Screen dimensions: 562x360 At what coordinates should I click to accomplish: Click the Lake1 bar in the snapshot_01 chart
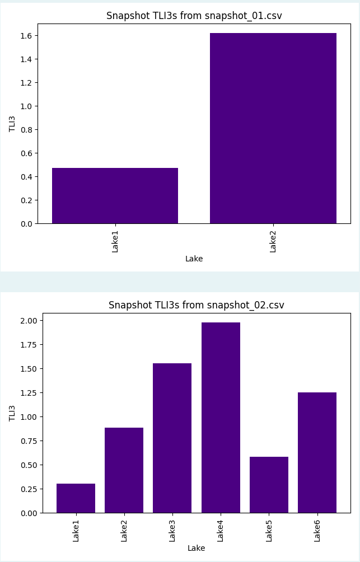115,196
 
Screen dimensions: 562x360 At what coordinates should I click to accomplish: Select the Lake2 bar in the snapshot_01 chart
273,128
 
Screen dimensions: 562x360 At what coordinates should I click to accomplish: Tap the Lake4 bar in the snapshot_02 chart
221,418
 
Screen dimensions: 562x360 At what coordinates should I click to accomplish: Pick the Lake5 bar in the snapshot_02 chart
269,485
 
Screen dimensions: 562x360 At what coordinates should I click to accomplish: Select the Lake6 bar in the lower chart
317,452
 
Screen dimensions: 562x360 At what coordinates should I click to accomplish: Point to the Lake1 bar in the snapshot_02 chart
76,498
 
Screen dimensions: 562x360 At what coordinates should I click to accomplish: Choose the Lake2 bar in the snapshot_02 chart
124,470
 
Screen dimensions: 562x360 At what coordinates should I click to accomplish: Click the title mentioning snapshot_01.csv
194,16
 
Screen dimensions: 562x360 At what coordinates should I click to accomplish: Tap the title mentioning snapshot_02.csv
196,305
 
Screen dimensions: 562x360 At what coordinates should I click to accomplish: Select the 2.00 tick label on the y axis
27,321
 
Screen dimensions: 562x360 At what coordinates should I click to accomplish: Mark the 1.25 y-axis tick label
27,393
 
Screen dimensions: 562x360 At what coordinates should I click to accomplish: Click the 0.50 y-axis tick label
27,465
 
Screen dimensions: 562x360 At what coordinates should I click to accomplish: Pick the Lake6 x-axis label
317,531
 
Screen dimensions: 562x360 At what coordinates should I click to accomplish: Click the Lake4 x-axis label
221,531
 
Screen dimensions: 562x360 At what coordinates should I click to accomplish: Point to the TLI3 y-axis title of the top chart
12,124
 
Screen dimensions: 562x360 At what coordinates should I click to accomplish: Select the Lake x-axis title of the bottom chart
196,548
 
